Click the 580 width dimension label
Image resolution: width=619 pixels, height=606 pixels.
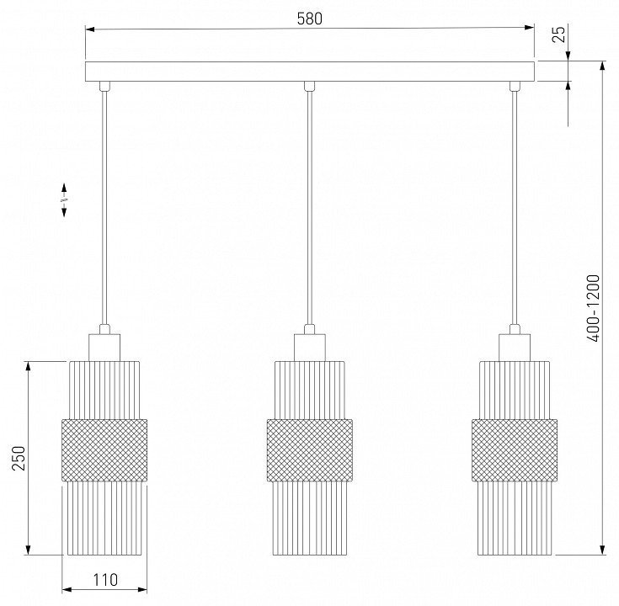coord(310,19)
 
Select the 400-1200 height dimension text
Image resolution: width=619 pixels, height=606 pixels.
coord(594,308)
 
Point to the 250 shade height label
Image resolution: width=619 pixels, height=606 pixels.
coord(19,458)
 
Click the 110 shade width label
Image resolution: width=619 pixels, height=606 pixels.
coord(105,580)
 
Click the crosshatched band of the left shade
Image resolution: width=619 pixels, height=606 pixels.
coord(104,450)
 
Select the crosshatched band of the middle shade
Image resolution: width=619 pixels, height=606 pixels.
coord(310,450)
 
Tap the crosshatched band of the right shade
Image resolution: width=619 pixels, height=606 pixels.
coord(515,450)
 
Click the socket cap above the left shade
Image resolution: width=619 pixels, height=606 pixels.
coord(104,348)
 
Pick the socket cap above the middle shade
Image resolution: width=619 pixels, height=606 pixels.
coord(310,348)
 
